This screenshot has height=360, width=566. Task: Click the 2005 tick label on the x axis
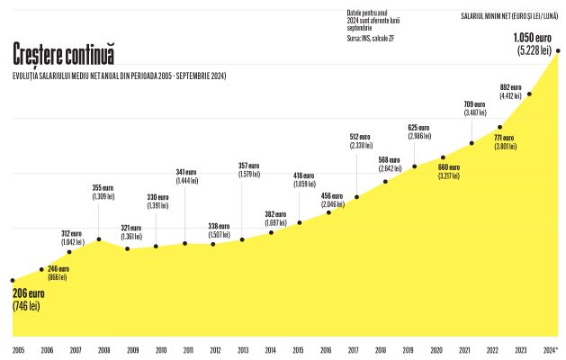(18, 349)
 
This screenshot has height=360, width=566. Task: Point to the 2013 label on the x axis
(243, 349)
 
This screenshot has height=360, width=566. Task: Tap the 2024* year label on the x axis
(550, 349)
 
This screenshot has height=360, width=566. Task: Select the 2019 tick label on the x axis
(408, 349)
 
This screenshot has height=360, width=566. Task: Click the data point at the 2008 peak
(98, 239)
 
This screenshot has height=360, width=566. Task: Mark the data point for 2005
(13, 280)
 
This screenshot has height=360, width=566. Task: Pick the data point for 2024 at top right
(558, 51)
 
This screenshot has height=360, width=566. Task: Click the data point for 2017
(357, 197)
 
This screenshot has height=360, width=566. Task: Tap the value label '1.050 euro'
(533, 38)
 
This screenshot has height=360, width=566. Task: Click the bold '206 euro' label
(29, 293)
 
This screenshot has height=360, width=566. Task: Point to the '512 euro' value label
(360, 137)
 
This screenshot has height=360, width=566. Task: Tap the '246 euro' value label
(58, 268)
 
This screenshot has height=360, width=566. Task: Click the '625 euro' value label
(418, 128)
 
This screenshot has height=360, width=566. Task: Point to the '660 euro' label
(448, 166)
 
